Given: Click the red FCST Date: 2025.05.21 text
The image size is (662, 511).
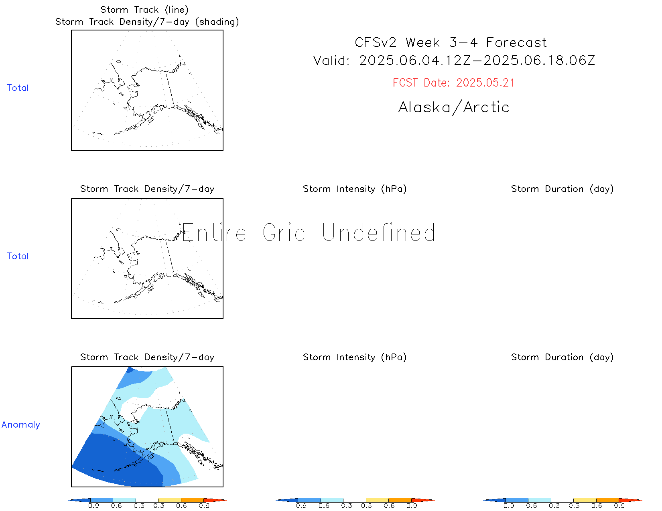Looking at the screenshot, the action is [x=453, y=83].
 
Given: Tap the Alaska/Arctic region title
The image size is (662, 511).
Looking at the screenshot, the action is [x=454, y=107].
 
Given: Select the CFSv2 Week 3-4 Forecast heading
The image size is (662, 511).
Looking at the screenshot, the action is [x=451, y=42].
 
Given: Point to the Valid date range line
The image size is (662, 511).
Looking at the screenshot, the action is [x=454, y=61].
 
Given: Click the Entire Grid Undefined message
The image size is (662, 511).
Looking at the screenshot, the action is [x=309, y=232].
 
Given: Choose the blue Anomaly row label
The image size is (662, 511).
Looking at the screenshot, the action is [x=21, y=424].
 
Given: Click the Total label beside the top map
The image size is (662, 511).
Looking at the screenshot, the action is [x=18, y=88].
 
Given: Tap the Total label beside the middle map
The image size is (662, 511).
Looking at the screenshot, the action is [x=18, y=256].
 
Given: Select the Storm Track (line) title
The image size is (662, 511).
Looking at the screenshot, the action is [x=144, y=10].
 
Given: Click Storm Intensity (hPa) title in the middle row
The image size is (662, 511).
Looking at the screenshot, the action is [x=355, y=189].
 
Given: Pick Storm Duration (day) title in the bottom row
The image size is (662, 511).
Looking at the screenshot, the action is [x=562, y=357].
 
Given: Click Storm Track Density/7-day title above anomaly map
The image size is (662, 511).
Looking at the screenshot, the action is [x=147, y=357].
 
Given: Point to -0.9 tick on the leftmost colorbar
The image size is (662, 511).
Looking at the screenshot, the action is [x=91, y=506].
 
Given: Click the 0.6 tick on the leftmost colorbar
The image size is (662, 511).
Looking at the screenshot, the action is [x=181, y=506].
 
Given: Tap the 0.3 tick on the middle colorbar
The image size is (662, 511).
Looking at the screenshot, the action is [x=366, y=506].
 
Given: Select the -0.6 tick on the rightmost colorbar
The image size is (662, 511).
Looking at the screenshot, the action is [x=528, y=506].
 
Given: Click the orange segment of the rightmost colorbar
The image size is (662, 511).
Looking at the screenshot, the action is [x=607, y=500].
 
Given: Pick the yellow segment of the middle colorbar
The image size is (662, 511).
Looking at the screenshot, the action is [x=377, y=500].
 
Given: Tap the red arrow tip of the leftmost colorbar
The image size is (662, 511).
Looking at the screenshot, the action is [x=227, y=500].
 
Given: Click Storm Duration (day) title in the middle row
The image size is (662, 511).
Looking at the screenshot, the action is [x=562, y=189].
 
